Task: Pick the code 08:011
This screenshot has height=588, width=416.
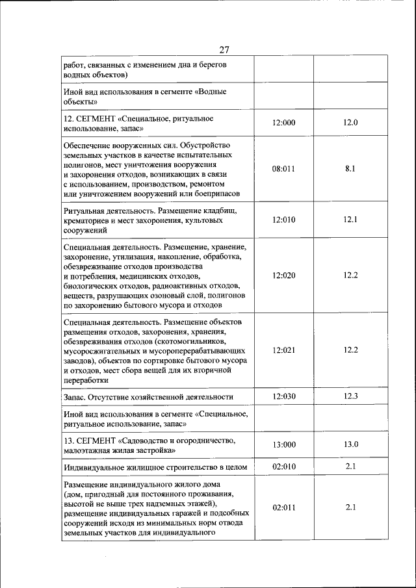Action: (283, 168)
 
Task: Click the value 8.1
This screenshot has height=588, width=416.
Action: (350, 168)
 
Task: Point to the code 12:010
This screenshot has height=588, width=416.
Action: (283, 220)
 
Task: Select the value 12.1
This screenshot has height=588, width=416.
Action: (350, 220)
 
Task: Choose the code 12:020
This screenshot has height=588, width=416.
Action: (283, 275)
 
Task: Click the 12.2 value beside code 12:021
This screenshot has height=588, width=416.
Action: (350, 350)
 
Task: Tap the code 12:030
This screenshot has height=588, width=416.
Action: (283, 396)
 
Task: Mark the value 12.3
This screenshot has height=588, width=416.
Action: (350, 396)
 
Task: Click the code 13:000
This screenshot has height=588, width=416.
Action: (283, 444)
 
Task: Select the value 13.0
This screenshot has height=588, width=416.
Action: (350, 444)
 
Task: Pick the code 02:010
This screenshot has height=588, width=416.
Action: (283, 466)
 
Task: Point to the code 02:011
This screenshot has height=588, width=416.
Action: (283, 507)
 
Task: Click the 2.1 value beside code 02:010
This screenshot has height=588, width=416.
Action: (350, 466)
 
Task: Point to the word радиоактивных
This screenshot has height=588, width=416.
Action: (209, 285)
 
